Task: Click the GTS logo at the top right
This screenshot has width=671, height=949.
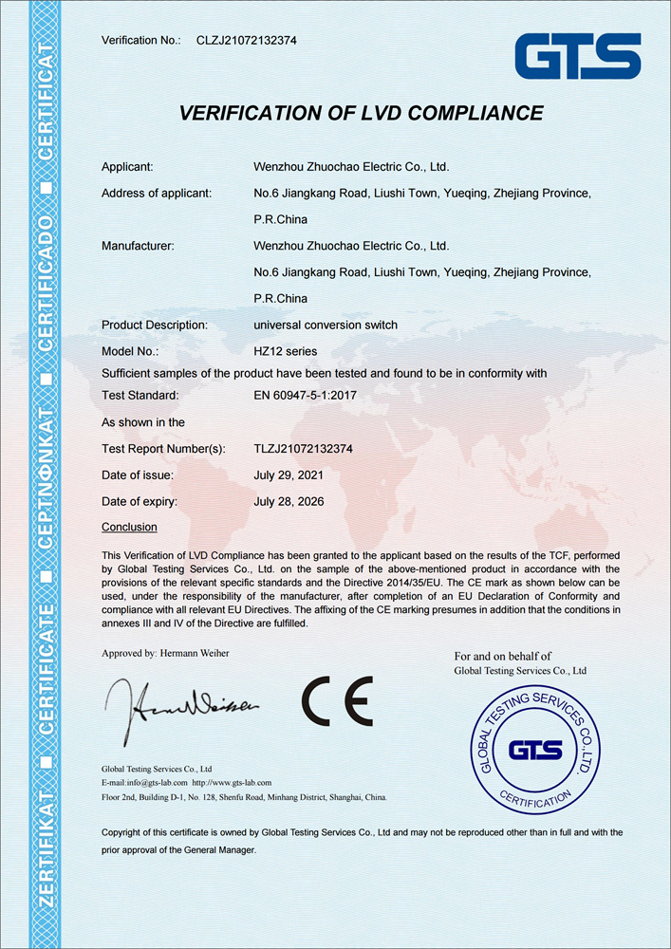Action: click(x=577, y=56)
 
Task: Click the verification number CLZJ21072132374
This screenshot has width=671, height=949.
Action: click(x=246, y=40)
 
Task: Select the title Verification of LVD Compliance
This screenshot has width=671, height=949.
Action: click(x=361, y=113)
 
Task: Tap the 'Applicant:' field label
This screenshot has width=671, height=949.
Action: click(x=127, y=167)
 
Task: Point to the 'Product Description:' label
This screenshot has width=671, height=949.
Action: click(x=155, y=325)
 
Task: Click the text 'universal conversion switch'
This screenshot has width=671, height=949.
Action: click(x=326, y=325)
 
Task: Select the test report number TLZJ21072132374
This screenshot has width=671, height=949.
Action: click(x=304, y=448)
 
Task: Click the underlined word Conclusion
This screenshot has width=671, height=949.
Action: click(x=129, y=527)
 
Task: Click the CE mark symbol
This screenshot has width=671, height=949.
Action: click(x=337, y=701)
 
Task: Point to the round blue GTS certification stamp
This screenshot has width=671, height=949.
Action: click(x=536, y=751)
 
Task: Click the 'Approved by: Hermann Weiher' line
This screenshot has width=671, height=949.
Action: click(x=165, y=653)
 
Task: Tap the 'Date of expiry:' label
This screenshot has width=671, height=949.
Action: click(x=140, y=500)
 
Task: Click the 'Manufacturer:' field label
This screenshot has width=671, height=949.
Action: click(x=138, y=246)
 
